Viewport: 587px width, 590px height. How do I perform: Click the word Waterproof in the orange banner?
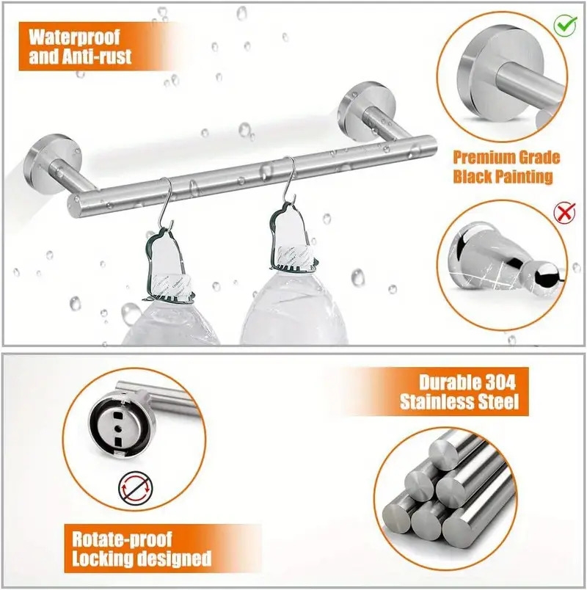[x=73, y=37]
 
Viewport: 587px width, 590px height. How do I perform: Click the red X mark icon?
[x=564, y=214]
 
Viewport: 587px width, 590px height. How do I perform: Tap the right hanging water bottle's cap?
[x=293, y=261]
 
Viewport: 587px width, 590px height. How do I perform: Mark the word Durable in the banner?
[x=445, y=382]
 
